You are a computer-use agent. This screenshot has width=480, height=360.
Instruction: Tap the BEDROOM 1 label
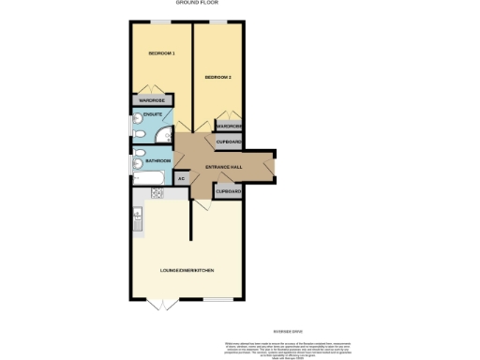pos(161,53)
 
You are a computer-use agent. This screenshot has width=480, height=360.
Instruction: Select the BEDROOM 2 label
pos(217,77)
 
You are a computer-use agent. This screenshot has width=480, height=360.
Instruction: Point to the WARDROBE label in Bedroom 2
pos(230,126)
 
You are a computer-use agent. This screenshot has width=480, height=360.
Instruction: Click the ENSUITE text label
pos(152,116)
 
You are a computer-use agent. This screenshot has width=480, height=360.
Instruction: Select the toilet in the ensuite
pos(138,134)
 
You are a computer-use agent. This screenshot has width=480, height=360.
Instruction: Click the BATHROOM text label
pos(157,161)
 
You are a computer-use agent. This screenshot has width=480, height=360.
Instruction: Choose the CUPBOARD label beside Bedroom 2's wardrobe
pos(230,142)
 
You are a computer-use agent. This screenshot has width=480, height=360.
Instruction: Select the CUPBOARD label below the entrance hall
pos(229,191)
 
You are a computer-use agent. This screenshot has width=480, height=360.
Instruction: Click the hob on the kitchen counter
pos(157,193)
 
